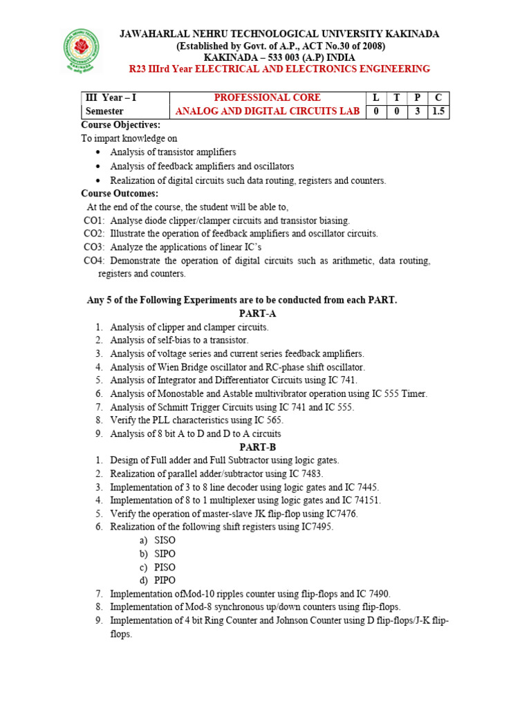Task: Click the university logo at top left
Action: pos(82,50)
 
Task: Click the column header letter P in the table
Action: pos(418,97)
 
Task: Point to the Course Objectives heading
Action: pos(120,125)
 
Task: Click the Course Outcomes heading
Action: pos(120,194)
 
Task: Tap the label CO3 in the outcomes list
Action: pos(94,247)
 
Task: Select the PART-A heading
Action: pos(257,314)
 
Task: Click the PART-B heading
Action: pos(257,447)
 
